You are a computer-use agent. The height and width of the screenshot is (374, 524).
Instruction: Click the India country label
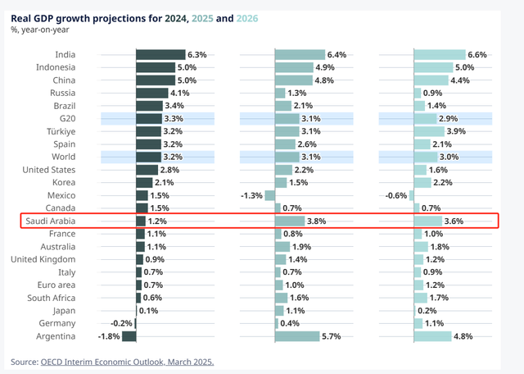[65, 55]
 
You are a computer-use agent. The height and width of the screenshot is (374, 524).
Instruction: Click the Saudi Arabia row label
[51, 221]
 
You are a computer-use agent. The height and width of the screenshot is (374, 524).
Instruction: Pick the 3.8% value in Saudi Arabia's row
[317, 221]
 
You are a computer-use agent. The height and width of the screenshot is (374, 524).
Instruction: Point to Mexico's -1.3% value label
[251, 195]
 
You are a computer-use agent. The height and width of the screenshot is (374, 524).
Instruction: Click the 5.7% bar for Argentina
[296, 336]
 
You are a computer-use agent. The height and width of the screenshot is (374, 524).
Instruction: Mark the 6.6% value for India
[477, 55]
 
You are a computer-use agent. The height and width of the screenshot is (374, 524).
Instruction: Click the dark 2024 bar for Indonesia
[156, 67]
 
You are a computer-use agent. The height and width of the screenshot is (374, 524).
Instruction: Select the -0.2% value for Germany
[122, 323]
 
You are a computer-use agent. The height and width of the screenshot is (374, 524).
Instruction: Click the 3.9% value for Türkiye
[456, 131]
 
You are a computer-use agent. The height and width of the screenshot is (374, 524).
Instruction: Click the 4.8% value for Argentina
[464, 336]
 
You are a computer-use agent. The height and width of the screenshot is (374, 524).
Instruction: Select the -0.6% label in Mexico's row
[397, 195]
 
